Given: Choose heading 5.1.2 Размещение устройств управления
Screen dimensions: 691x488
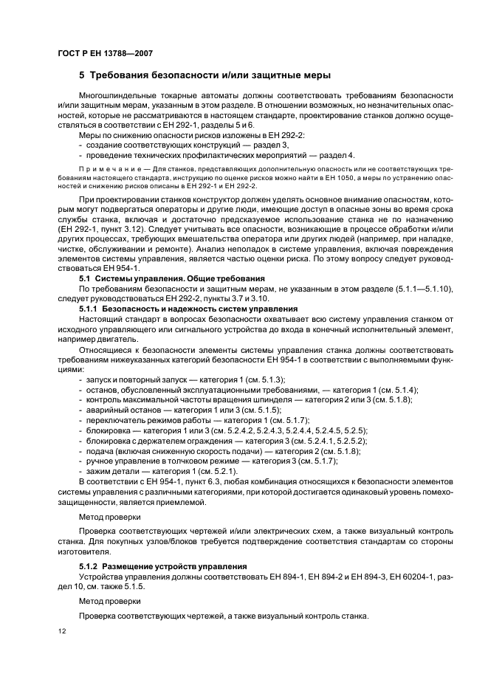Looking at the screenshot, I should (x=163, y=566).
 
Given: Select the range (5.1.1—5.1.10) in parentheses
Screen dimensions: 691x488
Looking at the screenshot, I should (x=409, y=288).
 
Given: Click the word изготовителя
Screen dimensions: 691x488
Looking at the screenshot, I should (x=83, y=550).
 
